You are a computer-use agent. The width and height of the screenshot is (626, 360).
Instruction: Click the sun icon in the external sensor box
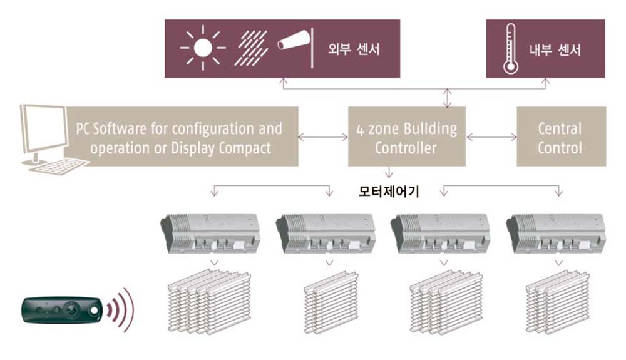pyautogui.click(x=203, y=48)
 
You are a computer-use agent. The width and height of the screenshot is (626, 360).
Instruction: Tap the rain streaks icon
pyautogui.click(x=251, y=48)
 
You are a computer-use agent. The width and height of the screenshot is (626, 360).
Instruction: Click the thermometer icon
pyautogui.click(x=510, y=49)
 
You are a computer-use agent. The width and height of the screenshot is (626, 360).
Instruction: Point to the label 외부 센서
pyautogui.click(x=354, y=49)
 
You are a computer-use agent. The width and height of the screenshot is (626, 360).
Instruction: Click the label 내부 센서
pyautogui.click(x=555, y=50)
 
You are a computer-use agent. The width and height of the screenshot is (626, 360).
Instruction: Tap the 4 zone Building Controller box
pyautogui.click(x=407, y=136)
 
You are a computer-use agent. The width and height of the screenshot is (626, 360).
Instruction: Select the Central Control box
pyautogui.click(x=562, y=136)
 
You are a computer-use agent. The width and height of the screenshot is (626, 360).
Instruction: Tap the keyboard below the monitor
pyautogui.click(x=60, y=166)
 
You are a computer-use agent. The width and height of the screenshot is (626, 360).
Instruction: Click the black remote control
pyautogui.click(x=62, y=310)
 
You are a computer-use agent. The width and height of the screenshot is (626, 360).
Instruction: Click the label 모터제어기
pyautogui.click(x=389, y=192)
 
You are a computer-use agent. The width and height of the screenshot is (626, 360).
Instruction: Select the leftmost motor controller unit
pyautogui.click(x=210, y=234)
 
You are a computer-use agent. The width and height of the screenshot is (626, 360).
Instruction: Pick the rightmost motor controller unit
pyautogui.click(x=556, y=234)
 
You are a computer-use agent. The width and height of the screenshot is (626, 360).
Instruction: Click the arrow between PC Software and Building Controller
pyautogui.click(x=323, y=137)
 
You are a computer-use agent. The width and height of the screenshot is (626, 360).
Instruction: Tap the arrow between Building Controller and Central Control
pyautogui.click(x=491, y=137)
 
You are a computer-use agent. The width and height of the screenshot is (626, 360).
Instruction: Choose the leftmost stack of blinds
pyautogui.click(x=210, y=301)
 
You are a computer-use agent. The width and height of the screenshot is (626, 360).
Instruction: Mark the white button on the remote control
pyautogui.click(x=95, y=310)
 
